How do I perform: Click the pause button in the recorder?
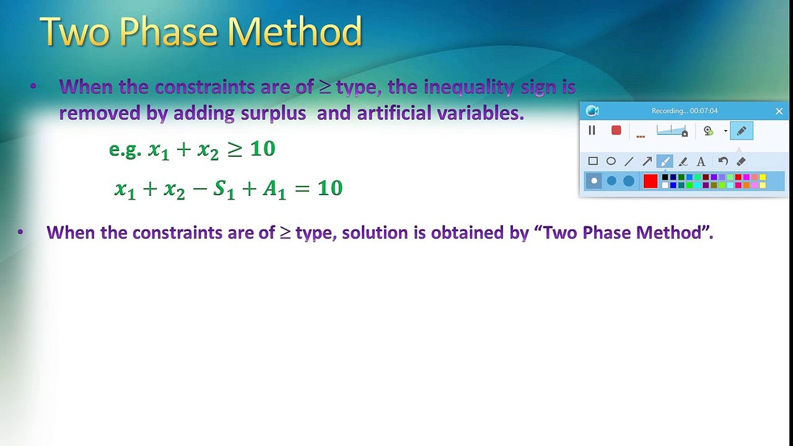pos(592,131)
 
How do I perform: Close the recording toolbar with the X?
pos(779,111)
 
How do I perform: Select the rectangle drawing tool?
pos(593,162)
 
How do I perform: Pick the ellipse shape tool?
pos(611,162)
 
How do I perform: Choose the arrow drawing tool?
pos(647,162)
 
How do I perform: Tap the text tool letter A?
pos(701,162)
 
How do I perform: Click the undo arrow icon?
pos(723,162)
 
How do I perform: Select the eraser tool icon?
pos(741,162)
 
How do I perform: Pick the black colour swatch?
pos(665,177)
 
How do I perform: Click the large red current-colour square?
pos(651,181)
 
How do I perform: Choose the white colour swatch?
pos(665,185)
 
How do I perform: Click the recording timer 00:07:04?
pos(704,111)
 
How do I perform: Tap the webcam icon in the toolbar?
pos(708,131)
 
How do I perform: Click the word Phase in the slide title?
pos(169,31)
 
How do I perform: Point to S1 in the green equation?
pos(224,190)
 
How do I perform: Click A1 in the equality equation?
pos(274,190)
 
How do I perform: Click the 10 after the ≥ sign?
pos(263,149)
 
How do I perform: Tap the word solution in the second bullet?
pos(375,232)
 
